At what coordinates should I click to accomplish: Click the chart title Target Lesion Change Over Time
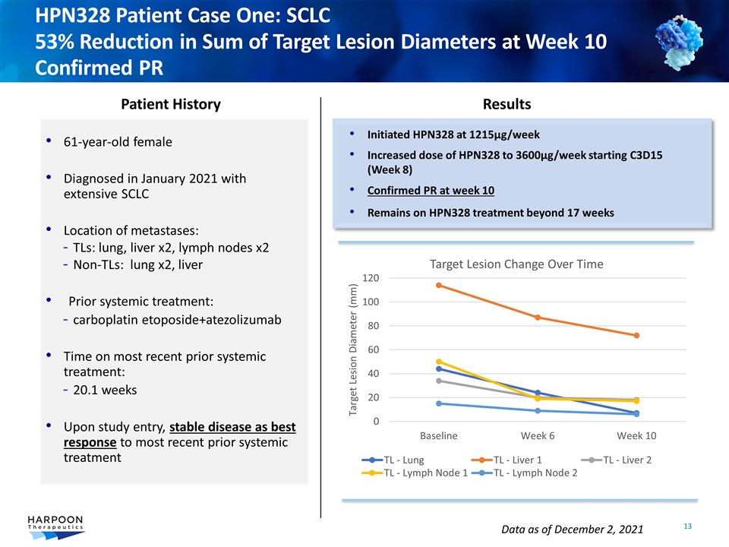pyautogui.click(x=516, y=264)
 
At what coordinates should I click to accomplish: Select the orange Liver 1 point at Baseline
pyautogui.click(x=439, y=286)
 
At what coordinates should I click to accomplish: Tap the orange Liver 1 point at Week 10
pyautogui.click(x=636, y=335)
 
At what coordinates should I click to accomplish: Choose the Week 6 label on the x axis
pyautogui.click(x=538, y=435)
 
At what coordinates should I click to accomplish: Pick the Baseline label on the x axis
pyautogui.click(x=439, y=435)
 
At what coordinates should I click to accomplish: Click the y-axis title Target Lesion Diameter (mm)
pyautogui.click(x=352, y=349)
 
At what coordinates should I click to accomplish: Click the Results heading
pyautogui.click(x=507, y=104)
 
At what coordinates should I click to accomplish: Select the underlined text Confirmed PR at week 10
pyautogui.click(x=431, y=190)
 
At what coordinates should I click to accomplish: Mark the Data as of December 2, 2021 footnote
pyautogui.click(x=573, y=528)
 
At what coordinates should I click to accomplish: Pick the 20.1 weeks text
pyautogui.click(x=106, y=390)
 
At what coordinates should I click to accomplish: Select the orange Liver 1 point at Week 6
pyautogui.click(x=538, y=317)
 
